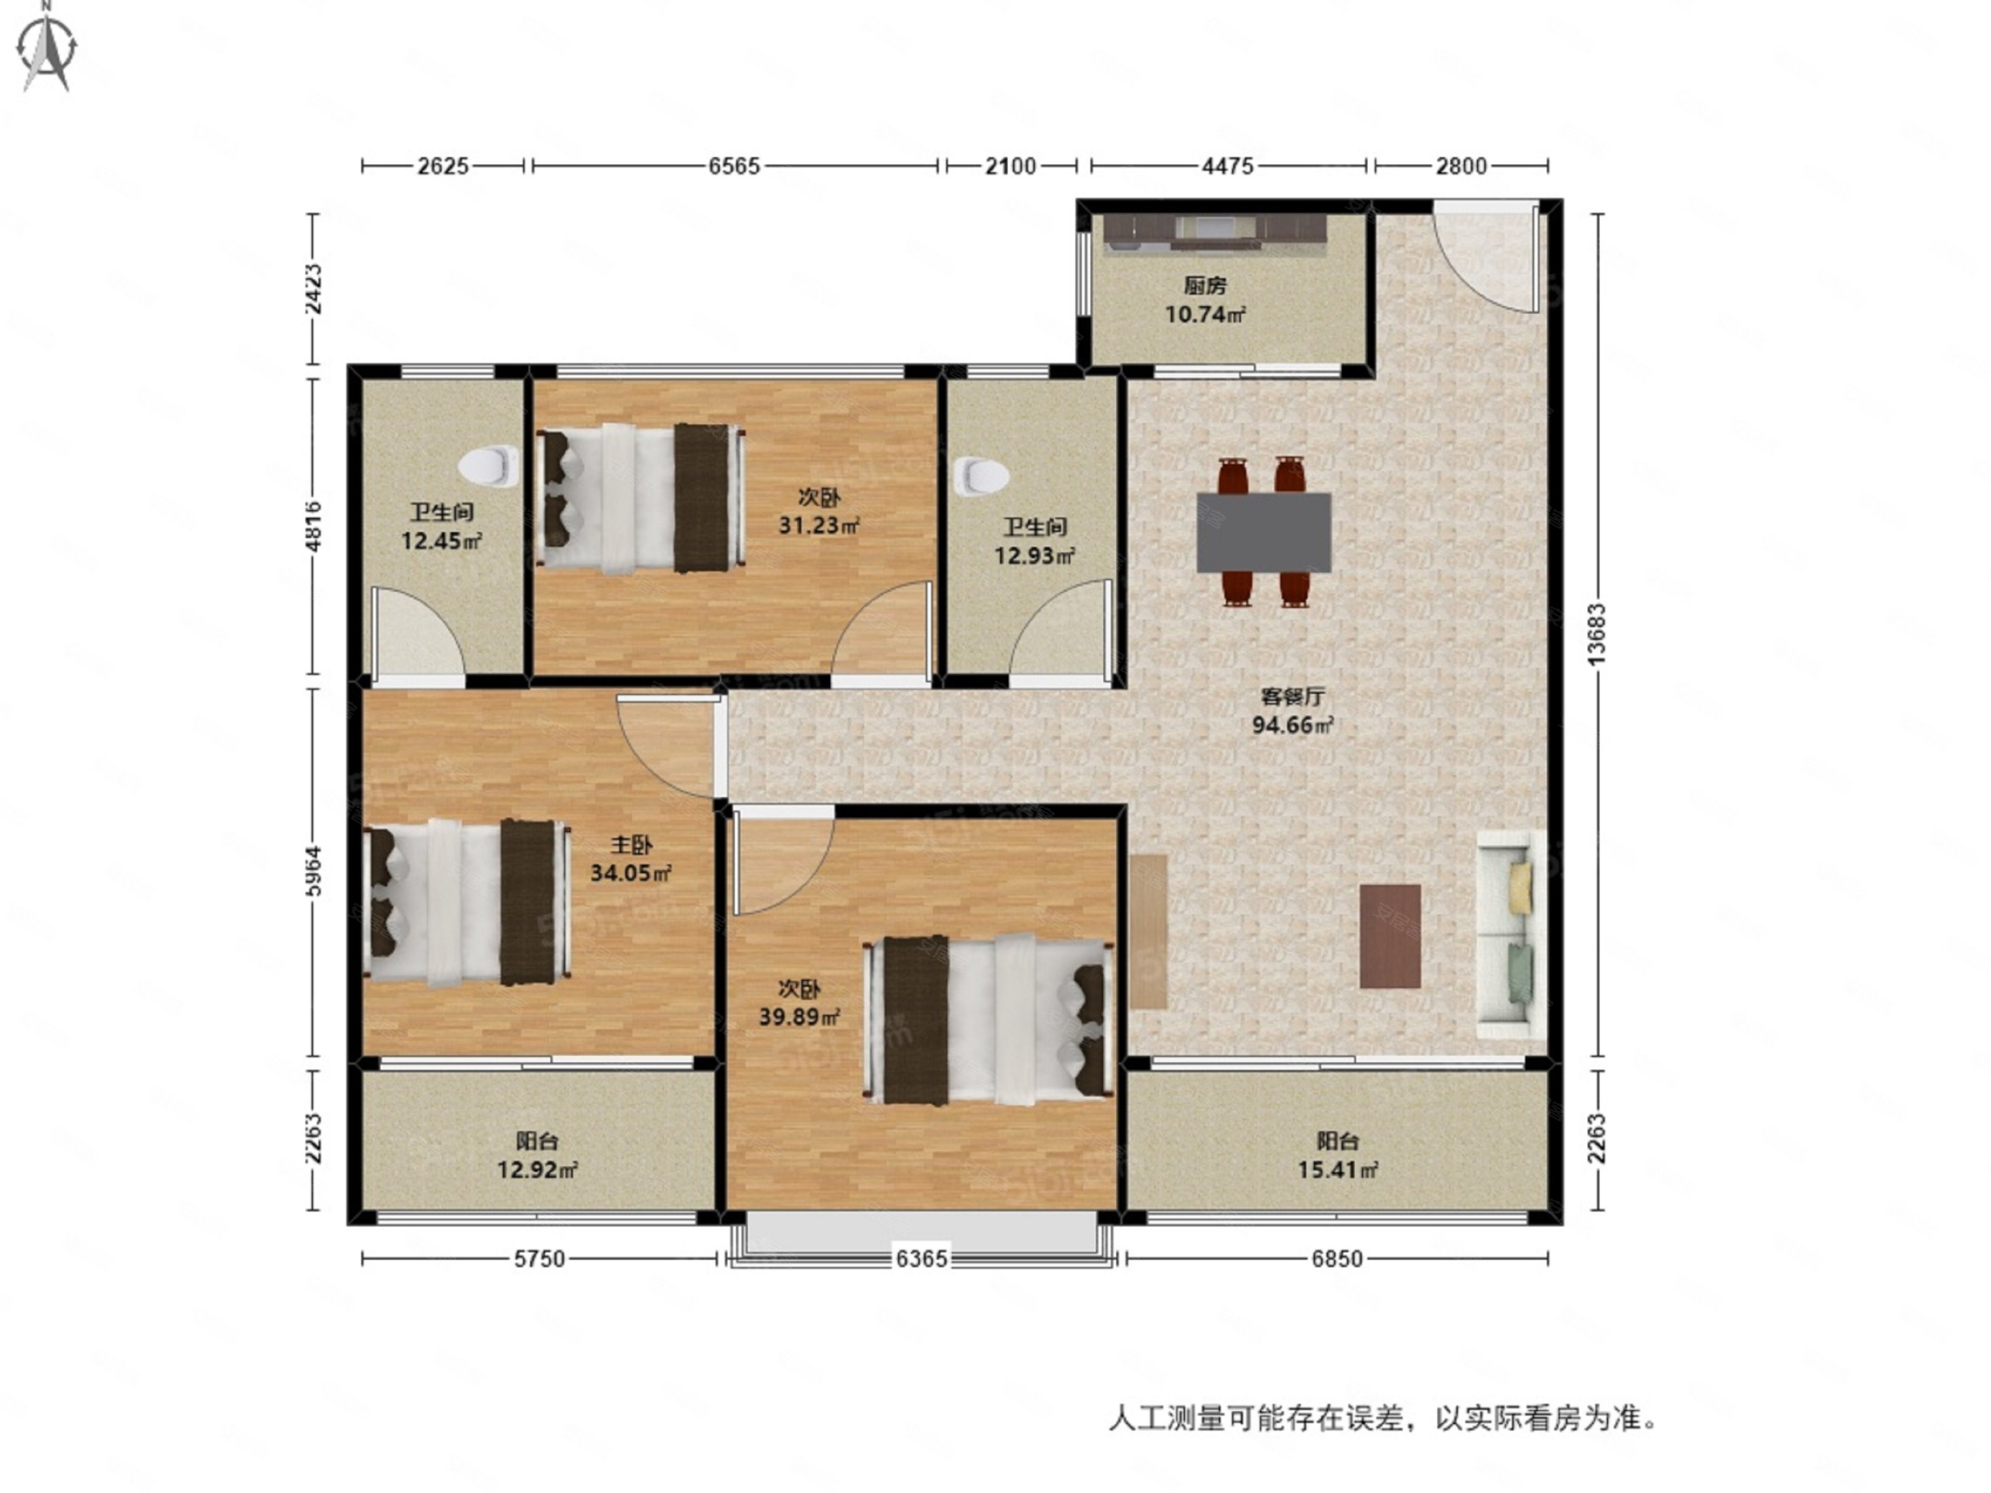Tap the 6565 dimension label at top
(x=734, y=166)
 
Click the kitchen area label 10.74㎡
(x=1204, y=314)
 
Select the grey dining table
(x=1264, y=532)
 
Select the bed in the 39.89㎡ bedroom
(x=986, y=1019)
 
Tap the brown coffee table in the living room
(x=1390, y=936)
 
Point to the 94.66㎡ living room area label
(x=1292, y=725)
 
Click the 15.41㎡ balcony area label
(x=1337, y=1170)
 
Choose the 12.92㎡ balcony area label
(x=538, y=1170)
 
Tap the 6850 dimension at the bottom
(x=1337, y=1259)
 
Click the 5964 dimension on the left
(x=312, y=871)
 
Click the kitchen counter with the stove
(x=1215, y=232)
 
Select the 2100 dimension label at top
(x=1010, y=166)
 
